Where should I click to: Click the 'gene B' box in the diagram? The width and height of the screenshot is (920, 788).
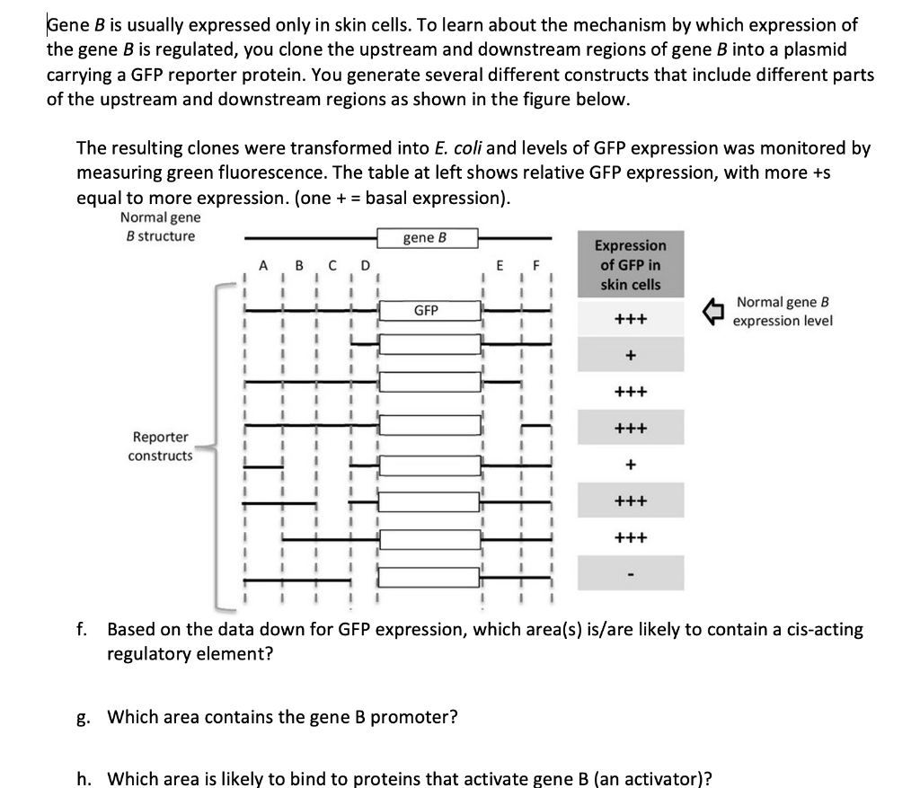[x=426, y=238]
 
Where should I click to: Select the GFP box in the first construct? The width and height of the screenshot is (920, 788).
[x=426, y=310]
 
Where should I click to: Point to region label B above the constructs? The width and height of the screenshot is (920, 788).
[x=300, y=265]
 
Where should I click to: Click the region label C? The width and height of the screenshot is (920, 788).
[x=332, y=265]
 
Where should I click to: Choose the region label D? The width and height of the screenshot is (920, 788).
[x=365, y=265]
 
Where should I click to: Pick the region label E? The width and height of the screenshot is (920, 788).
[x=501, y=265]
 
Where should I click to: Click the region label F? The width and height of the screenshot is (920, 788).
[x=536, y=265]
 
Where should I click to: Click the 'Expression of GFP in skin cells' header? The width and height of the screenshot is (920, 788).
[x=631, y=265]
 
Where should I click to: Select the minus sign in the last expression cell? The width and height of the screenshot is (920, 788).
[x=631, y=573]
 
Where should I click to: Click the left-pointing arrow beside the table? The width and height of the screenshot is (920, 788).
[x=713, y=311]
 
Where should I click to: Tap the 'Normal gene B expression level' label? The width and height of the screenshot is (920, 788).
[x=782, y=312]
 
